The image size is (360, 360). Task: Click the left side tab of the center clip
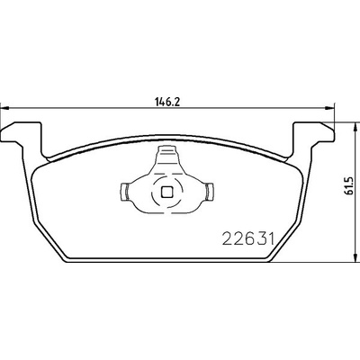pos(126,191)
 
